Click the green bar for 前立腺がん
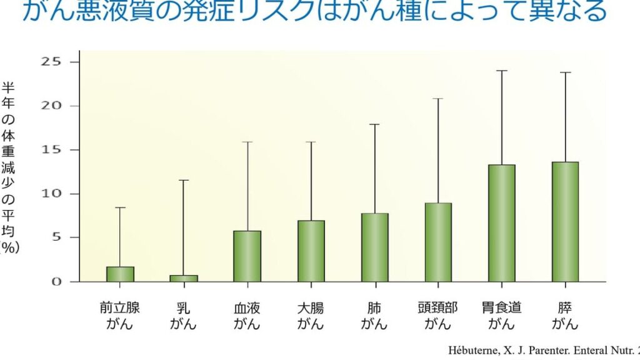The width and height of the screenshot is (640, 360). (x=120, y=274)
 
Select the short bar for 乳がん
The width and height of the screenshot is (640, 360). (x=184, y=278)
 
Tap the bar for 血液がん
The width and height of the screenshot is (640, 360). (x=247, y=256)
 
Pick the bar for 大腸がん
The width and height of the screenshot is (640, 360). (x=311, y=251)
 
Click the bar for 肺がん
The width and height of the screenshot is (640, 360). (x=375, y=247)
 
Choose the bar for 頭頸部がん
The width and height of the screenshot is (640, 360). (x=438, y=242)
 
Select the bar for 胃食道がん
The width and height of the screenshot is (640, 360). (x=502, y=223)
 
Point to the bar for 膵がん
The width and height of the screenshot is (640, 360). (x=566, y=222)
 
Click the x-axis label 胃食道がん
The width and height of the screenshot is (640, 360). (x=502, y=316)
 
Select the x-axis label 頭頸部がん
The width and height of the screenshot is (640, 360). (x=438, y=316)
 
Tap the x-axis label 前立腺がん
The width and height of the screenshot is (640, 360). (x=120, y=316)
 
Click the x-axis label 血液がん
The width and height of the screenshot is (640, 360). (x=247, y=316)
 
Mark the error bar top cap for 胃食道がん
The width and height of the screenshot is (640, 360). (x=502, y=71)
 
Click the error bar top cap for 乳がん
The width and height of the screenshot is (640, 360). (x=184, y=180)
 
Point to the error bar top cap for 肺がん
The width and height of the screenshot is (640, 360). (x=375, y=124)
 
